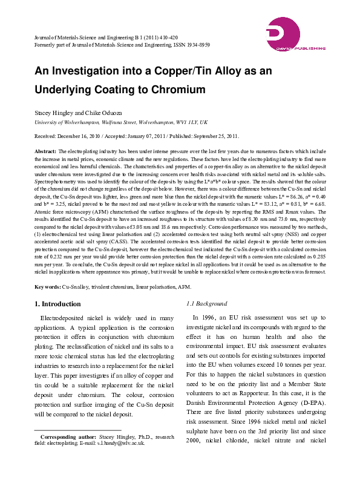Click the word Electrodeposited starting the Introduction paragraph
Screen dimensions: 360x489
coord(65,318)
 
